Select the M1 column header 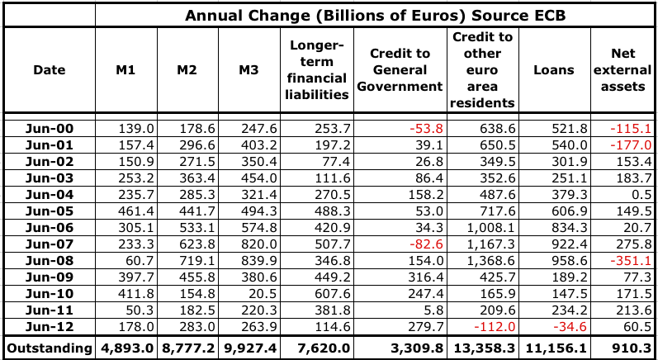[x=125, y=70]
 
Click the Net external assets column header [x=623, y=70]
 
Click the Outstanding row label [x=47, y=348]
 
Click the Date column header [x=47, y=70]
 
